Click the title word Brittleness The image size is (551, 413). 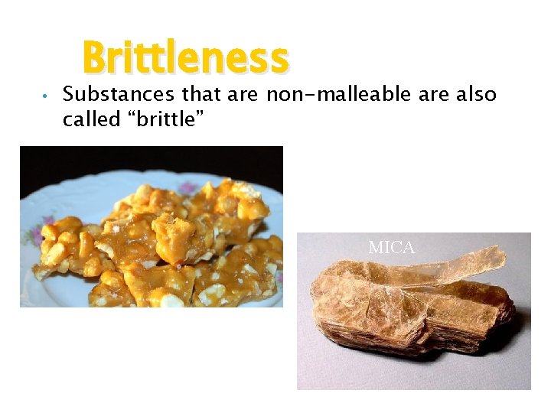click(x=185, y=58)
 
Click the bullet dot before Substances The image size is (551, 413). click(x=47, y=97)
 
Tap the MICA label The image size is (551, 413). click(x=391, y=248)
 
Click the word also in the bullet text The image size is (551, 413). click(x=476, y=95)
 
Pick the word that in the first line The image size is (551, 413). click(x=202, y=95)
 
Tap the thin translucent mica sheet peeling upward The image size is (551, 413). click(x=467, y=264)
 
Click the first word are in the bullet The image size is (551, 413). click(x=245, y=95)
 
